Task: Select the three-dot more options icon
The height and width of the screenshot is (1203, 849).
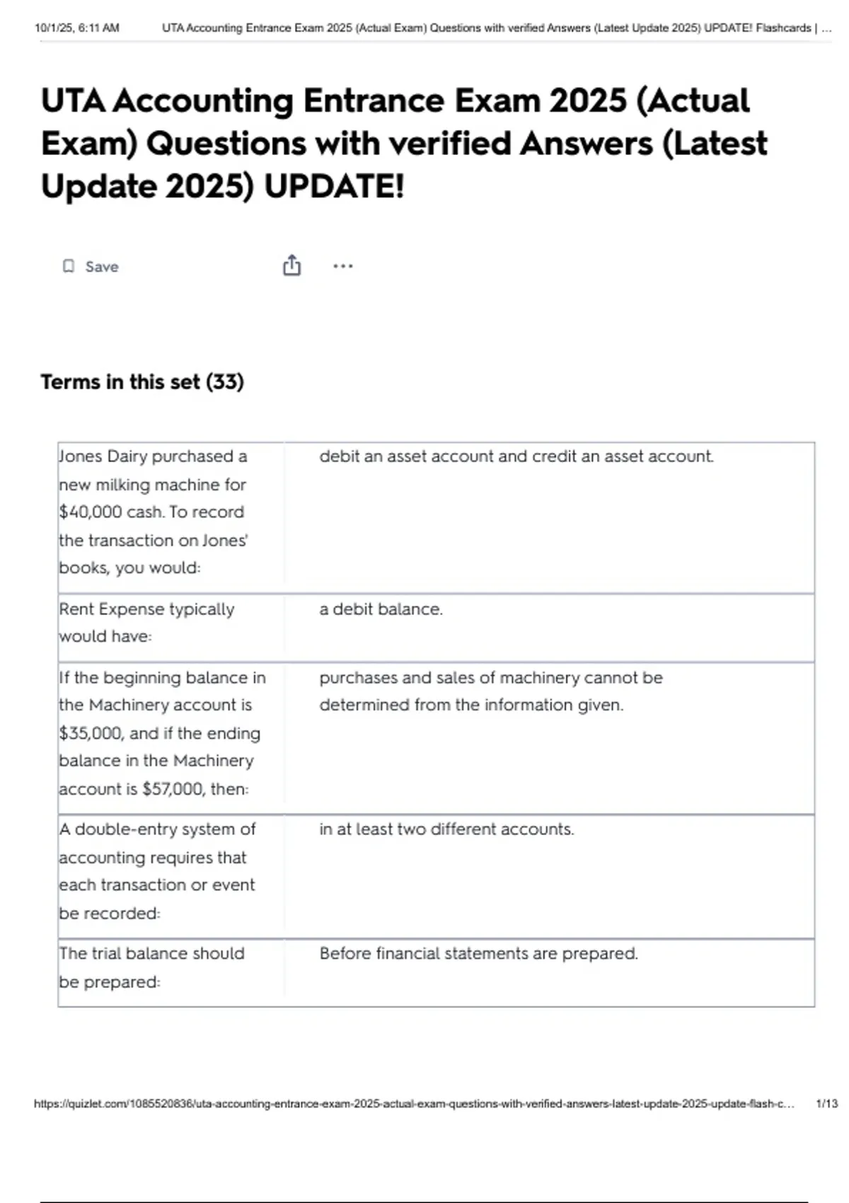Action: (342, 266)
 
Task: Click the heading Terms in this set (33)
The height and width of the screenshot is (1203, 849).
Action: (142, 382)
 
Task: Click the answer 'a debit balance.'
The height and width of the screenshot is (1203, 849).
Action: (381, 609)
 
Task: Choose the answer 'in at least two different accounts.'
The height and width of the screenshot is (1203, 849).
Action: (446, 829)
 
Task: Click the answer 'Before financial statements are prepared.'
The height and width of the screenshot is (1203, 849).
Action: (478, 954)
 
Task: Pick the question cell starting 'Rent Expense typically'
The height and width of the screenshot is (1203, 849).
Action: (146, 623)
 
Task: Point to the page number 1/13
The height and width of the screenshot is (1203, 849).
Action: (826, 1104)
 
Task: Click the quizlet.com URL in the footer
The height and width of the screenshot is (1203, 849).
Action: (414, 1104)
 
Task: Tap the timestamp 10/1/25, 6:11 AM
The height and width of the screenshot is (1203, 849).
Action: (77, 28)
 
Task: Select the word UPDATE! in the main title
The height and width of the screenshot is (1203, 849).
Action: (334, 187)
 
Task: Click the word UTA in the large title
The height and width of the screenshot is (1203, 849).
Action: (73, 100)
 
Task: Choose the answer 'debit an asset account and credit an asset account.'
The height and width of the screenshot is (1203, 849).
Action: (516, 456)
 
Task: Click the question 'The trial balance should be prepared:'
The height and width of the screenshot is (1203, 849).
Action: (151, 967)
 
